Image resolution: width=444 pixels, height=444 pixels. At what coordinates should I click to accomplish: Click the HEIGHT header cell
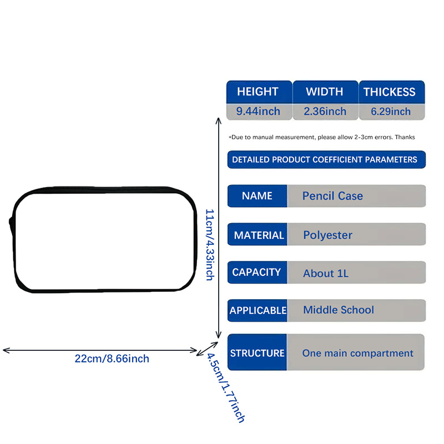pos(259,92)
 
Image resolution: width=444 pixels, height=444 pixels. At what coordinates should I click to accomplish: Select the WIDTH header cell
pos(325,92)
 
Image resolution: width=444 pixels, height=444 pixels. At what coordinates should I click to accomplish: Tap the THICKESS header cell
pos(392,92)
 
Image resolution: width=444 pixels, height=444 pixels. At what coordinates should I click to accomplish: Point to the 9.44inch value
pos(258,112)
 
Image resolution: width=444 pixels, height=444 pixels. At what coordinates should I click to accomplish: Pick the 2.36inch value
pos(325,112)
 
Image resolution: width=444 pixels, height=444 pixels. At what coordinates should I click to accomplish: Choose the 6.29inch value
pos(391,112)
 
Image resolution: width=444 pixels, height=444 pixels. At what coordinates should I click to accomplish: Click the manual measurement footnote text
pos(322,137)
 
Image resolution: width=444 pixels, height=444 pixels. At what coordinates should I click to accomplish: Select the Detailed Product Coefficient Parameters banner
pos(326,160)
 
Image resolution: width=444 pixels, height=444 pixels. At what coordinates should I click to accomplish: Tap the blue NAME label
pos(257,196)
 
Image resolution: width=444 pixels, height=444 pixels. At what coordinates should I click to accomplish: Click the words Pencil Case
pos(332,196)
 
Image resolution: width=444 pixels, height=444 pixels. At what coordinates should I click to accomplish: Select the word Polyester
pos(327,235)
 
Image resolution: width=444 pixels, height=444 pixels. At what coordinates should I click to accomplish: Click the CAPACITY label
pos(257,273)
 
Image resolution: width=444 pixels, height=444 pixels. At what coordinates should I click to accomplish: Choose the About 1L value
pos(326,273)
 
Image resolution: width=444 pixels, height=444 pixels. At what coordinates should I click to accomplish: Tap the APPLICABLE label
pos(257,311)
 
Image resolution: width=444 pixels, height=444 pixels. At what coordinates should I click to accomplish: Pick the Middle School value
pos(339,310)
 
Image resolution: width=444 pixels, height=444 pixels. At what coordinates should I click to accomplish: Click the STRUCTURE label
pos(257,352)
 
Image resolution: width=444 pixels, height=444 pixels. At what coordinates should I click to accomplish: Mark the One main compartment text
pos(357,353)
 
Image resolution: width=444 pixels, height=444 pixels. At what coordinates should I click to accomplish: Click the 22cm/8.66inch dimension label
pos(112,359)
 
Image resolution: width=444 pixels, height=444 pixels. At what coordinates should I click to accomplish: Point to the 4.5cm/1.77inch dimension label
pos(225,388)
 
